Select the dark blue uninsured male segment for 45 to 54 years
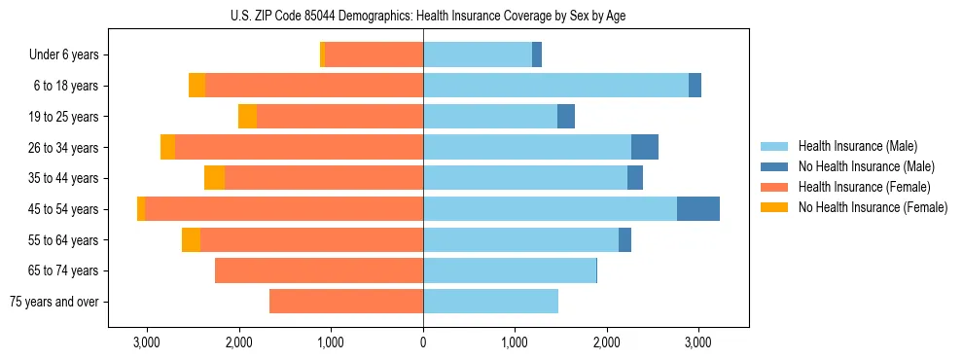point(698,209)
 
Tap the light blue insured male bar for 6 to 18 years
point(555,86)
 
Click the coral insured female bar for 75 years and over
point(346,302)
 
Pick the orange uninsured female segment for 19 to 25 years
point(247,117)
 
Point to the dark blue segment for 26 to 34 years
point(645,148)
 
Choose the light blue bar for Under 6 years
point(478,54)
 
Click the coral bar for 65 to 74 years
point(319,270)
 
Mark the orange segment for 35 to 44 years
point(214,178)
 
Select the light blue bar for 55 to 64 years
point(520,240)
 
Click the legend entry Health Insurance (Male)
point(857,146)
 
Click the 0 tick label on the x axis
point(423,342)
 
